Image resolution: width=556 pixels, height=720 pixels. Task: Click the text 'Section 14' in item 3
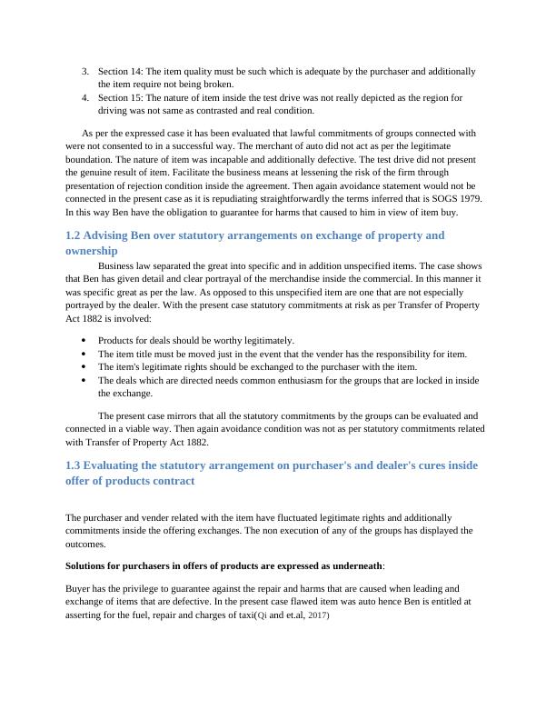(x=118, y=71)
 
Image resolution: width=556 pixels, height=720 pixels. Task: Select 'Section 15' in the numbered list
(x=118, y=97)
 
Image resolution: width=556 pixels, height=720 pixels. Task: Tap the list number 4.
(x=84, y=97)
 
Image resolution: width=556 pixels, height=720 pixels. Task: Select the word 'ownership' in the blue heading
(x=92, y=250)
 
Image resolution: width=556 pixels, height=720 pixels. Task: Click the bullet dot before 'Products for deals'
(x=84, y=341)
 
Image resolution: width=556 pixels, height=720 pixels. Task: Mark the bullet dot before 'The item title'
(x=84, y=354)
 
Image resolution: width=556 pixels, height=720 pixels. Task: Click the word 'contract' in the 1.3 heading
(x=171, y=480)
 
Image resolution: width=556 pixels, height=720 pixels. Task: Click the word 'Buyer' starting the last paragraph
(x=79, y=589)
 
